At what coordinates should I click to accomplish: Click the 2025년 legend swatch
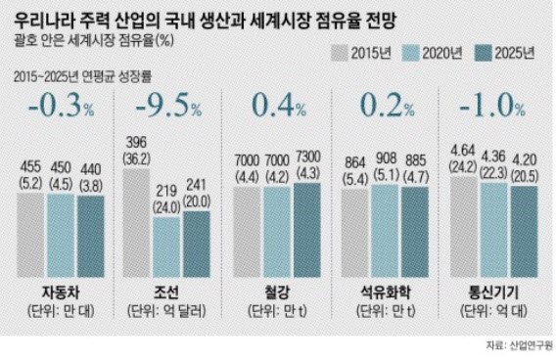click(477, 55)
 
